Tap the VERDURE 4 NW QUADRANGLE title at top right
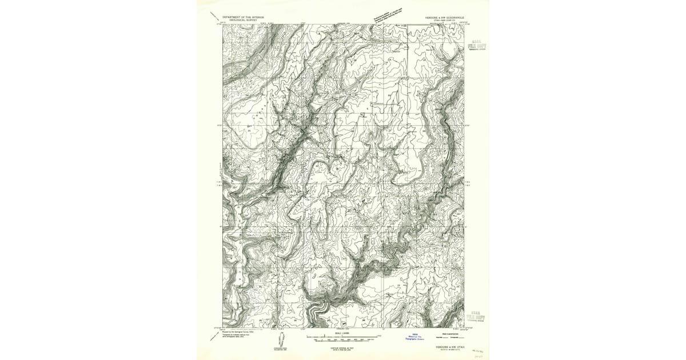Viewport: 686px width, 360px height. (x=447, y=17)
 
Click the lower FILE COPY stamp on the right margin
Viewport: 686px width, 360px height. (x=476, y=317)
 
